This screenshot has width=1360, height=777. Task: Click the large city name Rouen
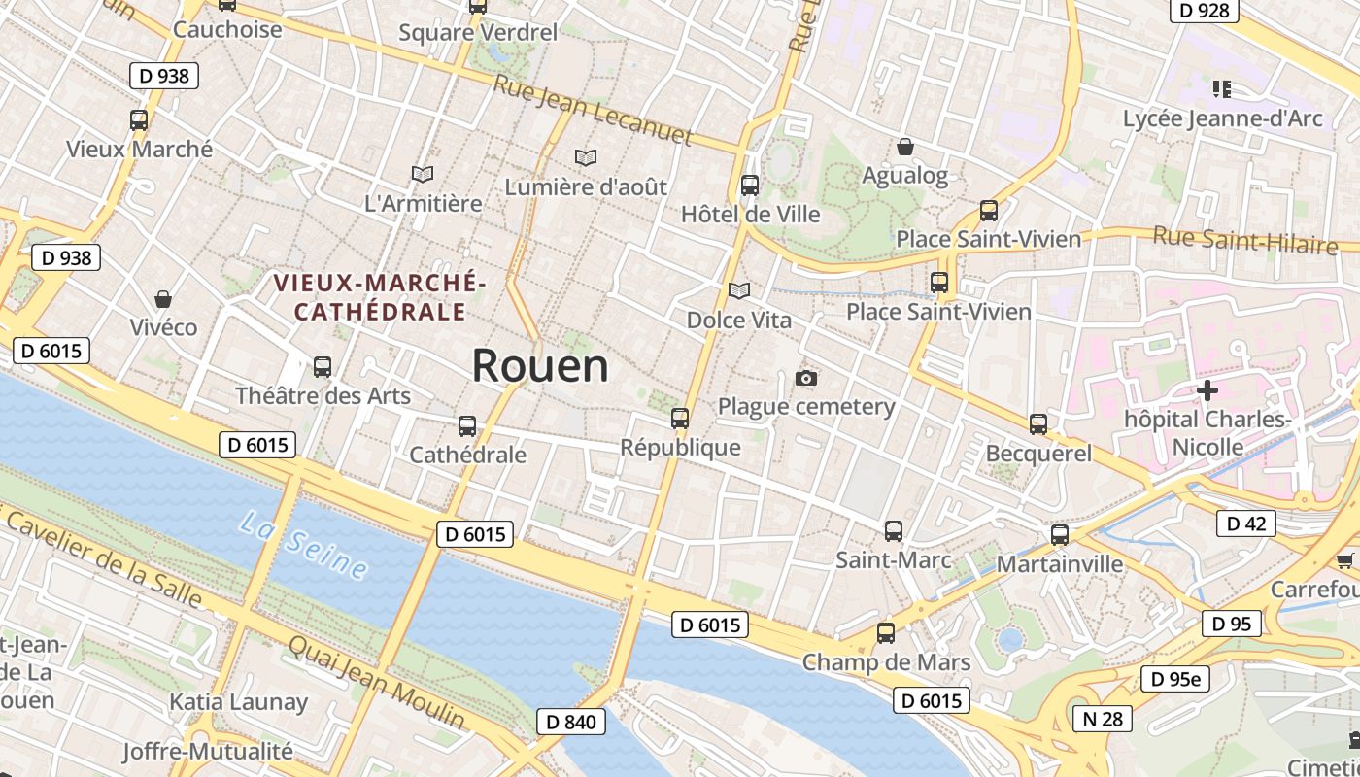[540, 366]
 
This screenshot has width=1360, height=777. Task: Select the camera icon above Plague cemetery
[805, 378]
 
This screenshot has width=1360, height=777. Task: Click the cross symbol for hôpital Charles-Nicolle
[1207, 390]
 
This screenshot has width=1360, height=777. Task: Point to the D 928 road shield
[1205, 11]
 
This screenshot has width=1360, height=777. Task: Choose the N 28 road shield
[1103, 718]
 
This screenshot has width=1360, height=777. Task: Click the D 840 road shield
[570, 721]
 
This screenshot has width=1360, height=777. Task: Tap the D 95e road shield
[1175, 679]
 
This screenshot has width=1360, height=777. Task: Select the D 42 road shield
[1245, 524]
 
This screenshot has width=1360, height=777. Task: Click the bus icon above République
[680, 419]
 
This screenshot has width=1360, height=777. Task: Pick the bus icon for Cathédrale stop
[467, 425]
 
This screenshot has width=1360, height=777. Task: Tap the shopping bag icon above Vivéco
[163, 298]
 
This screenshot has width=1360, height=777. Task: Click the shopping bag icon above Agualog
[904, 147]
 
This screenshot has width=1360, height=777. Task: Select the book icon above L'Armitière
[422, 174]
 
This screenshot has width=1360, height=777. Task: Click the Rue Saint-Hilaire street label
[1244, 239]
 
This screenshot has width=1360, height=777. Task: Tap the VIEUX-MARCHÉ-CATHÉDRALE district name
[379, 297]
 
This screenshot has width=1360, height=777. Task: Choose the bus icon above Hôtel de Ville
[749, 185]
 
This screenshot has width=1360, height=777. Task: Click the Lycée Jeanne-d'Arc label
[1222, 118]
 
